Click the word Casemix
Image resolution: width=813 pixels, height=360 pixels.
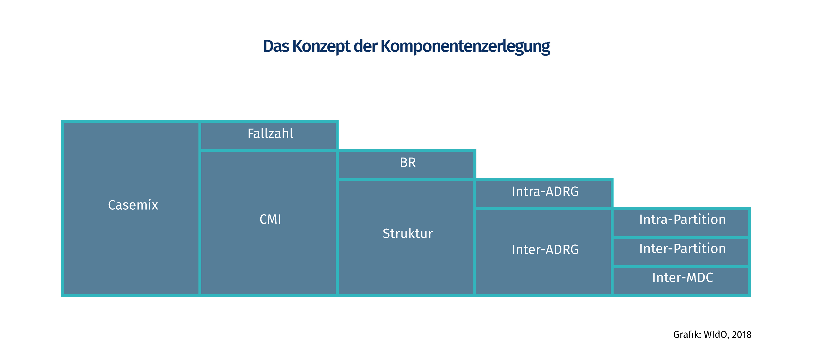pos(133,205)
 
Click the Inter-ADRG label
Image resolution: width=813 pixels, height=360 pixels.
pos(545,249)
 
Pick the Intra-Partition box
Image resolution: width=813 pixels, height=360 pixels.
pos(681,222)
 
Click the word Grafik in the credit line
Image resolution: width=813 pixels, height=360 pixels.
pos(686,335)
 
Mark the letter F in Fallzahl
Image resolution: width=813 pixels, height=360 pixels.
pos(251,133)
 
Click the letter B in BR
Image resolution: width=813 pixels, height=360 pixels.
pos(404,162)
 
